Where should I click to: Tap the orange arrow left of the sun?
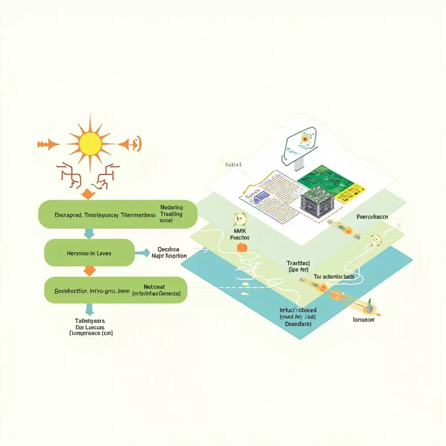pos(49,144)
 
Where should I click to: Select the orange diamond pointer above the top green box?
pos(88,194)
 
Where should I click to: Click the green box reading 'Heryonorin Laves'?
pos(90,253)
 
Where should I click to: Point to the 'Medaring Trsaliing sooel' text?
pos(171,214)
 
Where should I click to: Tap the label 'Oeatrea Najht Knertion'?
pos(169,253)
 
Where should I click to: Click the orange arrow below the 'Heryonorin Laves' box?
pos(89,271)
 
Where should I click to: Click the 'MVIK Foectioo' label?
pos(240,234)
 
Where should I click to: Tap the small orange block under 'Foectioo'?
pos(242,248)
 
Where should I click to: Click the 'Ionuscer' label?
pos(363,319)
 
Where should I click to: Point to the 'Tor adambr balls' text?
pos(334,277)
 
